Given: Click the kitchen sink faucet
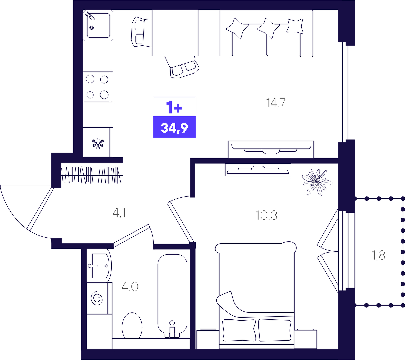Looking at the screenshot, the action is pos(89,15).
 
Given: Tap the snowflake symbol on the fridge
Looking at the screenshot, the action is pos(98,143).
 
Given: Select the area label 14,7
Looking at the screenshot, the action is pos(276,103).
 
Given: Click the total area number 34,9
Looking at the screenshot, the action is pos(174,128).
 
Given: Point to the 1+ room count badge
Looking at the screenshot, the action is pos(174,107).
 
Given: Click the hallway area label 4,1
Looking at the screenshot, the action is pos(119,213).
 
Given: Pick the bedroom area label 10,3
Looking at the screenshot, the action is pos(266,215).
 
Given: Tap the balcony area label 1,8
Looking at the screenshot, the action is pos(378,255).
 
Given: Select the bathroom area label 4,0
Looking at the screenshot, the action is pos(130,287).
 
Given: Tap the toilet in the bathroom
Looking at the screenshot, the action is pos(132,326).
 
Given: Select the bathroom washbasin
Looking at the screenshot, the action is pos(99,266).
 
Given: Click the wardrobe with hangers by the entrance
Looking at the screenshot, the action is pos(92,176).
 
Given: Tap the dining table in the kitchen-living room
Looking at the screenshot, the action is pos(175,33).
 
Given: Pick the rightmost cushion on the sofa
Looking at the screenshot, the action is pos(295,26).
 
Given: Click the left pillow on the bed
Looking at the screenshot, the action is pos(239,330).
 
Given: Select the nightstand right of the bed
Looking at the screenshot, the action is pos(305,339).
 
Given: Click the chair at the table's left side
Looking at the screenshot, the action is pos(141,32).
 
